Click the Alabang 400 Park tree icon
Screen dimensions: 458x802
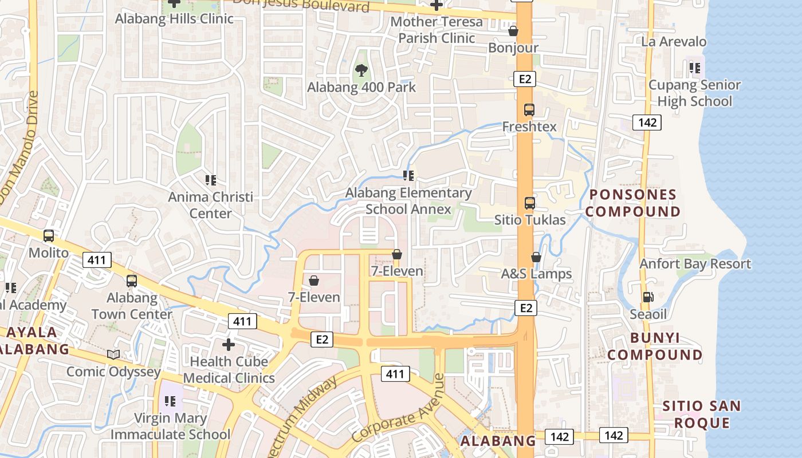pyautogui.click(x=361, y=70)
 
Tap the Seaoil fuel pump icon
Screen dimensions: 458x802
pyautogui.click(x=648, y=297)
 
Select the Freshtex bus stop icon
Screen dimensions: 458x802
pyautogui.click(x=529, y=109)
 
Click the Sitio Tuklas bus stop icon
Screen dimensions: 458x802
pyautogui.click(x=530, y=203)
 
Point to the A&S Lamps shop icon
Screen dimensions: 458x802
pyautogui.click(x=536, y=257)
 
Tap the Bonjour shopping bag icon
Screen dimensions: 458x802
pyautogui.click(x=513, y=31)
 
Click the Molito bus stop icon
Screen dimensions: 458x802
pyautogui.click(x=49, y=235)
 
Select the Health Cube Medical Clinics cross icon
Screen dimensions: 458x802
pyautogui.click(x=229, y=345)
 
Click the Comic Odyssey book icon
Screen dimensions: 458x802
pyautogui.click(x=113, y=355)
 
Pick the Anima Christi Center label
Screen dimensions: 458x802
pyautogui.click(x=210, y=205)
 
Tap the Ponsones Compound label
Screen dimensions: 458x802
pyautogui.click(x=633, y=203)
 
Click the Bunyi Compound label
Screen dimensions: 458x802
pyautogui.click(x=655, y=346)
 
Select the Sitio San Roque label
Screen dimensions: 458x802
pyautogui.click(x=702, y=414)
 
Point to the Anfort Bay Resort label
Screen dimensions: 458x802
pyautogui.click(x=695, y=264)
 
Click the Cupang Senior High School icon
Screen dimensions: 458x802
pyautogui.click(x=695, y=69)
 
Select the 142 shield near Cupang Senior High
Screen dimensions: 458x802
pyautogui.click(x=647, y=122)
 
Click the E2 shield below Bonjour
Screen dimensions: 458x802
pyautogui.click(x=524, y=79)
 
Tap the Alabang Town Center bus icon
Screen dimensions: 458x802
pyautogui.click(x=132, y=281)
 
